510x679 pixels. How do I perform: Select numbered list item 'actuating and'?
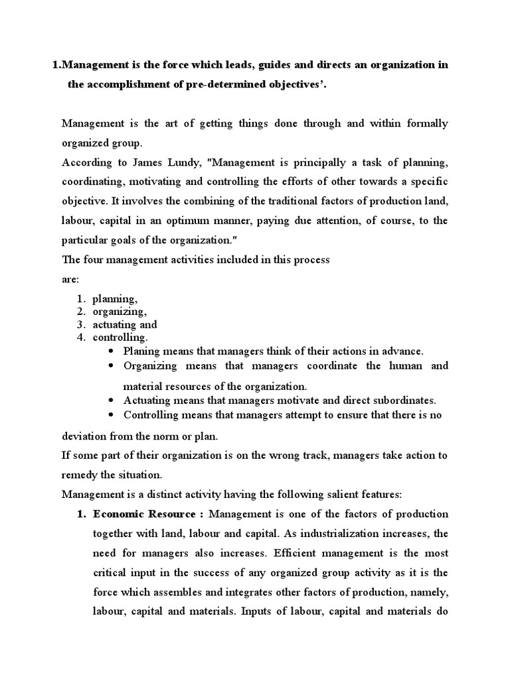(x=124, y=324)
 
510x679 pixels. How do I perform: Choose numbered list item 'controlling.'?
(x=120, y=338)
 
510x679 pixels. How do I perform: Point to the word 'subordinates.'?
(x=404, y=401)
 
